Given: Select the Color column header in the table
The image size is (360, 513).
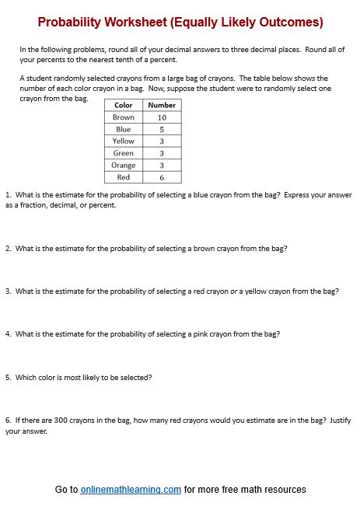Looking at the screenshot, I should [x=124, y=105].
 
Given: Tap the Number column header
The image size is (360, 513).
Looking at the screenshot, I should [x=162, y=105].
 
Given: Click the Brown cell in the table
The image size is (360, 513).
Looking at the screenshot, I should [x=124, y=117].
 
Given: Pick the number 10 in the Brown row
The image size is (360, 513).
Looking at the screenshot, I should [x=162, y=117].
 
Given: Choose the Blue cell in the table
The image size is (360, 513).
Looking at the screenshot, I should [x=124, y=129].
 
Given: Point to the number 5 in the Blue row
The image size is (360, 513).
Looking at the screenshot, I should [x=162, y=129].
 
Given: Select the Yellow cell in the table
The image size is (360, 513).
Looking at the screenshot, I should [x=124, y=141].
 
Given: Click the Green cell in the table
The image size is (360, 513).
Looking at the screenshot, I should [x=124, y=153].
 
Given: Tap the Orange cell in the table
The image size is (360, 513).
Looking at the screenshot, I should [x=124, y=166].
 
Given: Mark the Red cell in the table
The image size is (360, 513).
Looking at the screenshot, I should [x=124, y=177].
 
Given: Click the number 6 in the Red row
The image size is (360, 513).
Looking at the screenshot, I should [x=162, y=177].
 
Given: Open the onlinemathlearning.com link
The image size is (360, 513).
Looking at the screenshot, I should [x=131, y=490].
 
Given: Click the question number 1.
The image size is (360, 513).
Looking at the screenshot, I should [x=7, y=195].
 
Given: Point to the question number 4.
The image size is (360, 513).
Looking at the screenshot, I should [x=7, y=334].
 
